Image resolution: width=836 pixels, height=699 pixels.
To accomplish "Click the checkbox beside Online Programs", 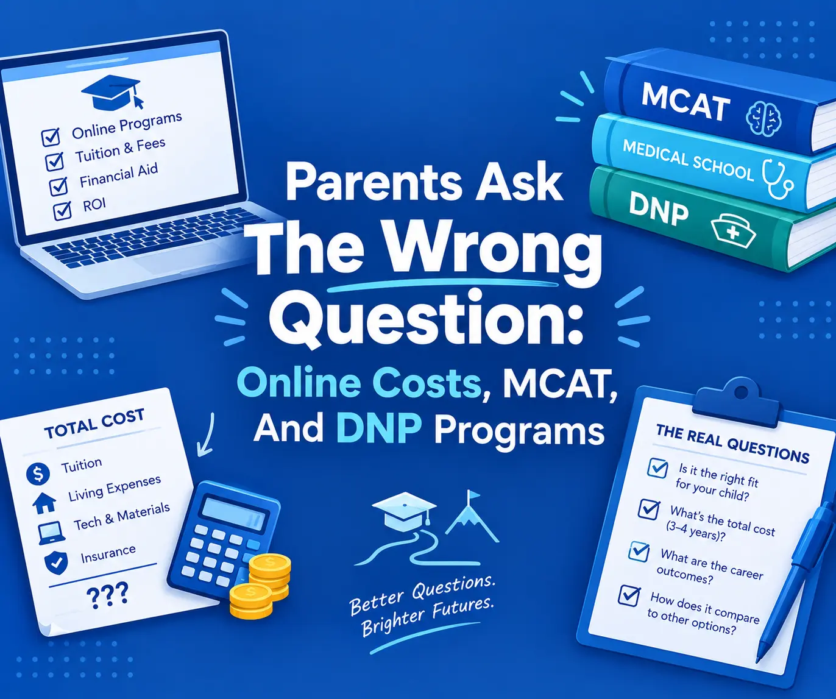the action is pos(51,136).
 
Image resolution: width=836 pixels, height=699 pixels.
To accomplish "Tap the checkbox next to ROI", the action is pos(63,210).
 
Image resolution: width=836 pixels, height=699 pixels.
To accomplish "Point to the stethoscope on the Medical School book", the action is pos(778,179).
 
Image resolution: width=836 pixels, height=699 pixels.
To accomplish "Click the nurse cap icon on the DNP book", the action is pos(732,231).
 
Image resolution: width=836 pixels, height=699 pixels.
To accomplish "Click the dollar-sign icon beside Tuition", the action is pos(38,474).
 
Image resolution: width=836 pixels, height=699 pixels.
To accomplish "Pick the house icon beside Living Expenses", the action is pos(44,503).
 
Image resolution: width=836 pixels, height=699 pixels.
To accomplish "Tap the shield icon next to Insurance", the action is pos(56,563).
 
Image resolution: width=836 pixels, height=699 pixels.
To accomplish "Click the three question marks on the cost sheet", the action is pos(107,594).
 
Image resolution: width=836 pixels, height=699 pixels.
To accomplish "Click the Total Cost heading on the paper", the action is pos(94,424).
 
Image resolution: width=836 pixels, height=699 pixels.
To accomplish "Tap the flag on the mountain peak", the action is pos(473,495).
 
